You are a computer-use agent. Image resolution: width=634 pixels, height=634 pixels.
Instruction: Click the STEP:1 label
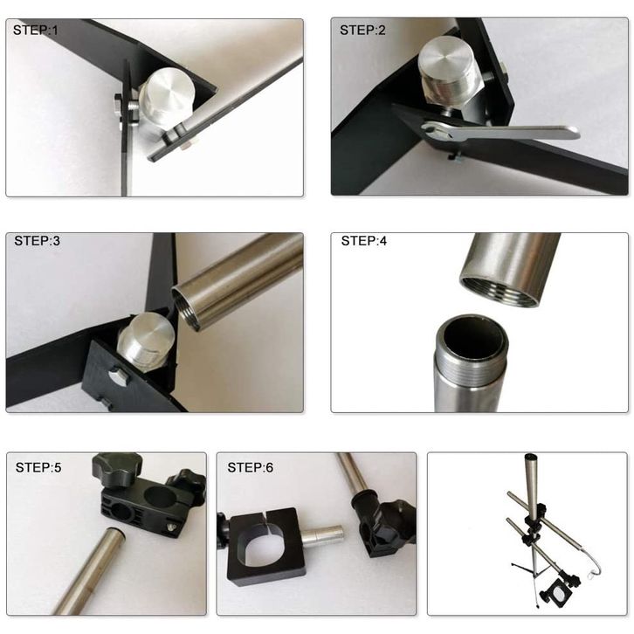(36, 30)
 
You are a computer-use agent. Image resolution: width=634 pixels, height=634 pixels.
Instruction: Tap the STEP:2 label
(362, 30)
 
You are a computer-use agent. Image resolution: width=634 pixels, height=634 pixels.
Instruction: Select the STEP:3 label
(38, 241)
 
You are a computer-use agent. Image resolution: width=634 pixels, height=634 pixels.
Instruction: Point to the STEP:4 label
(364, 241)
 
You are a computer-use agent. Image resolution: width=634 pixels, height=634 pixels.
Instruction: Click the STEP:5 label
(38, 467)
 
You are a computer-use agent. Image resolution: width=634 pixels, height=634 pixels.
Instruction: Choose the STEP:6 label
(251, 467)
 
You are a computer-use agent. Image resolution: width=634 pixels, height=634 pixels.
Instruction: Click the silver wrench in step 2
(500, 133)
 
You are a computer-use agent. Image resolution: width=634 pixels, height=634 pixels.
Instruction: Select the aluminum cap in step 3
(147, 339)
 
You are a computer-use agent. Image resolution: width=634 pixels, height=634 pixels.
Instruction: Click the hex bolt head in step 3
(119, 376)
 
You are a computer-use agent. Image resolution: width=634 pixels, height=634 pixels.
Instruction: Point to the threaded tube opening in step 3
(186, 308)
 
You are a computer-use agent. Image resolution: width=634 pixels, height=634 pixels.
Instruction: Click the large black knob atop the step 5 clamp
(113, 469)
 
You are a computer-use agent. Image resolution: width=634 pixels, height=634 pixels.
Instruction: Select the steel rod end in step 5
(110, 536)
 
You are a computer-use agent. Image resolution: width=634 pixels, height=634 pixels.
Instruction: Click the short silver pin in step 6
(324, 536)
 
